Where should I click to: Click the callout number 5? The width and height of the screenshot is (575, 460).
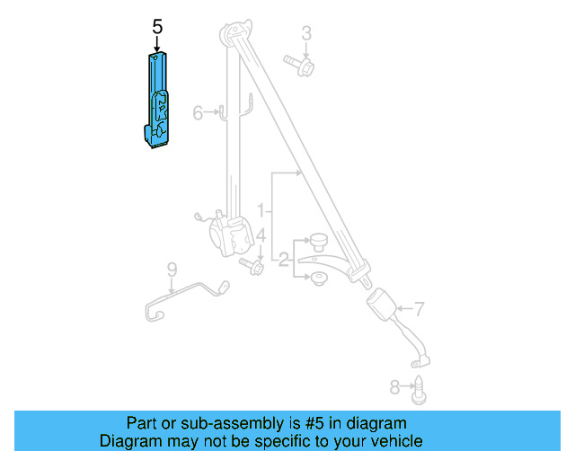(157, 28)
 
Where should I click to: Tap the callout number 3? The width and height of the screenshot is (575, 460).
(306, 34)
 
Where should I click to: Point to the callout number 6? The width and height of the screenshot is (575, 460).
(198, 112)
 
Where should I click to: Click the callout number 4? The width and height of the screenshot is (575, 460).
(261, 235)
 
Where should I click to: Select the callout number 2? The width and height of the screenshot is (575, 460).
(284, 261)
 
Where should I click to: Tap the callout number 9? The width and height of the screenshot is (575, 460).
(171, 268)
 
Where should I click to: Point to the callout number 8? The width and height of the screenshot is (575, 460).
(394, 387)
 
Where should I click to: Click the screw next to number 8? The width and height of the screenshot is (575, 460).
(419, 390)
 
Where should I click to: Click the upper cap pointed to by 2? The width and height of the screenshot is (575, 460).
(318, 240)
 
